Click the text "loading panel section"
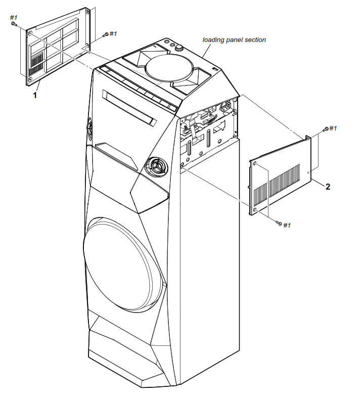click(x=234, y=39)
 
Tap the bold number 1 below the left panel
click(x=35, y=95)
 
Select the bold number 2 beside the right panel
click(x=328, y=187)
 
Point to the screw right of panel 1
click(x=105, y=34)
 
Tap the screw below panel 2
click(x=279, y=223)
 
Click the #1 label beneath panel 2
click(x=287, y=225)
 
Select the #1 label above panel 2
click(x=333, y=128)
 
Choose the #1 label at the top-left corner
click(x=14, y=18)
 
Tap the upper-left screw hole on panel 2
click(x=256, y=163)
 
